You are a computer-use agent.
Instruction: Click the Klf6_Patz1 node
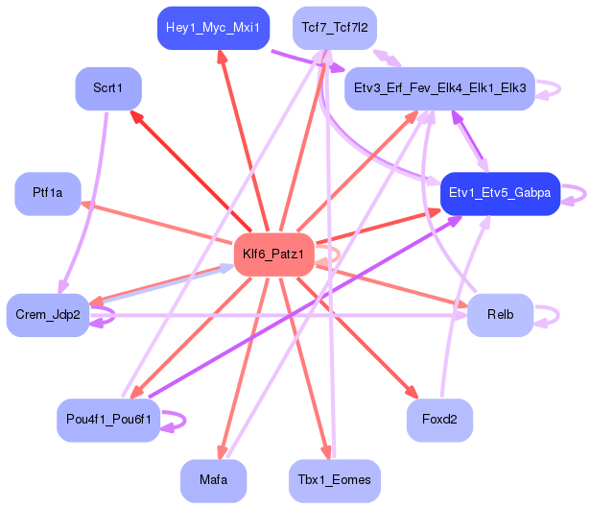pos(273,254)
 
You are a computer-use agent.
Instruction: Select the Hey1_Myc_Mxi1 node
pos(213,28)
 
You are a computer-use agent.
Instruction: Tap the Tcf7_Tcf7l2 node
pos(335,28)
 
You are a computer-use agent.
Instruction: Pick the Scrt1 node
pos(108,88)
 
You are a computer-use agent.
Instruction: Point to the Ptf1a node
pos(48,194)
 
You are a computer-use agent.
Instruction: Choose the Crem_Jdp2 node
pos(48,315)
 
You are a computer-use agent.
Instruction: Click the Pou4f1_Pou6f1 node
pos(108,420)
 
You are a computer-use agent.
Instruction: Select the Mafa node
pos(213,481)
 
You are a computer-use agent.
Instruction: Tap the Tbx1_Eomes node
pos(335,481)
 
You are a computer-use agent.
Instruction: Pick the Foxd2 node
pos(439,420)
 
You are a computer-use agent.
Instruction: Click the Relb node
pos(500,315)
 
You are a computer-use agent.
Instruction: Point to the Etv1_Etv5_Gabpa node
pos(500,194)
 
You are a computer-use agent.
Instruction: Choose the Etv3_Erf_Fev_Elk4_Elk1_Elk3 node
pos(439,88)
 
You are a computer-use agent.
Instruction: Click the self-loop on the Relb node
pos(558,315)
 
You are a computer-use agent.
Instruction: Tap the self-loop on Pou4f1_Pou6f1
pos(185,420)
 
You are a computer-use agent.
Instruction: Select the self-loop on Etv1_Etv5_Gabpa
pos(585,194)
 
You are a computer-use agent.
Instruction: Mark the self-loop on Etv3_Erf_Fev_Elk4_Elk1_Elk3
pos(559,89)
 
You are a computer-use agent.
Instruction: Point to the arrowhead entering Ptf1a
pos(87,205)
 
